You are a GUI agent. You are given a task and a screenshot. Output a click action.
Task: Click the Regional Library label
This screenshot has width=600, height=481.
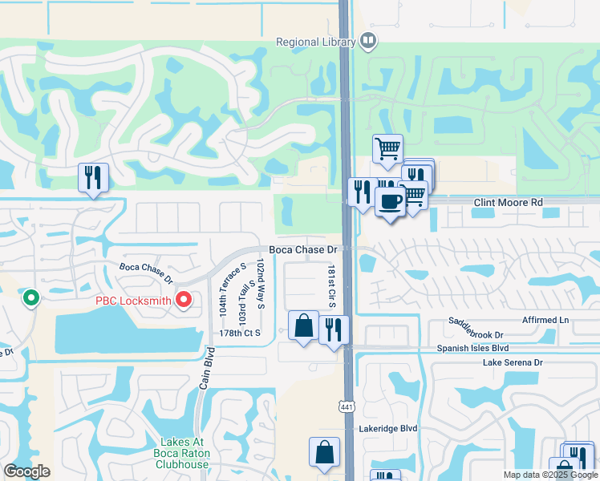tap(316, 42)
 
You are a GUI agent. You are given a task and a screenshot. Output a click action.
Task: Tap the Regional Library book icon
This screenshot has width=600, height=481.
tap(368, 40)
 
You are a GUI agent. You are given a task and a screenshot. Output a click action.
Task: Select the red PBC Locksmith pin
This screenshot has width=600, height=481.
tap(183, 301)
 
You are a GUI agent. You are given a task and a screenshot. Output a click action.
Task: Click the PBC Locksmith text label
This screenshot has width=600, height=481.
tap(134, 301)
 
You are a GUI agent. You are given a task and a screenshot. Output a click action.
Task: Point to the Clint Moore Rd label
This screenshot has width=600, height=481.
tap(508, 203)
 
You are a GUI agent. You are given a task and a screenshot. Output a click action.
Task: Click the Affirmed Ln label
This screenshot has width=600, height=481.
tap(545, 320)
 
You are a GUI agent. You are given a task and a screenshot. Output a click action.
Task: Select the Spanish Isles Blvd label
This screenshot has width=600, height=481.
tap(473, 349)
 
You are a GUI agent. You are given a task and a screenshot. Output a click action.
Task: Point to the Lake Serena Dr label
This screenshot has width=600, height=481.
tap(513, 363)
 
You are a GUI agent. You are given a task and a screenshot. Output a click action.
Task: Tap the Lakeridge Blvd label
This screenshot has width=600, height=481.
tap(388, 429)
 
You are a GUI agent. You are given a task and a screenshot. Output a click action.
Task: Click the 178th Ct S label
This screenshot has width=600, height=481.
tap(240, 333)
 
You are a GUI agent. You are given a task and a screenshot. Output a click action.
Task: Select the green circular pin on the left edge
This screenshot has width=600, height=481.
tap(31, 298)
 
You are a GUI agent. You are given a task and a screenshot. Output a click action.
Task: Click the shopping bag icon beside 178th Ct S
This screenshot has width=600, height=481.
tap(303, 326)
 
